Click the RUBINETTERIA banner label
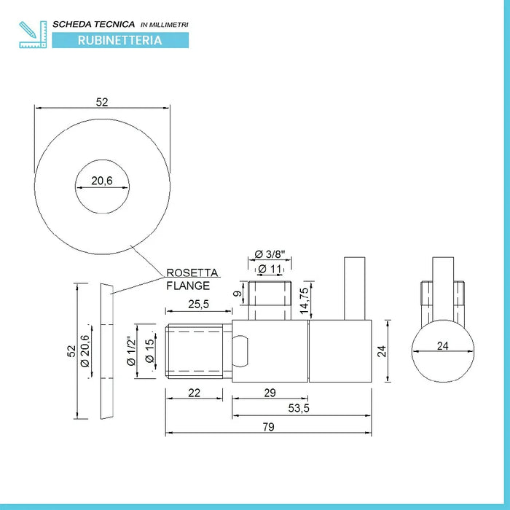pyautogui.click(x=120, y=41)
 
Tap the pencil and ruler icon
pyautogui.click(x=33, y=34)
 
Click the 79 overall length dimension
pyautogui.click(x=268, y=428)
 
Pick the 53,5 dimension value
pyautogui.click(x=299, y=409)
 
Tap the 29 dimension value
pyautogui.click(x=270, y=393)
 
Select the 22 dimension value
pyautogui.click(x=194, y=393)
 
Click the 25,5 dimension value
pyautogui.click(x=199, y=305)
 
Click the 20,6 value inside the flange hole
pyautogui.click(x=102, y=181)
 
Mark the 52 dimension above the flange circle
pyautogui.click(x=102, y=103)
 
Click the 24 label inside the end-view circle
pyautogui.click(x=442, y=347)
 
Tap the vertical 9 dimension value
pyautogui.click(x=236, y=294)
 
